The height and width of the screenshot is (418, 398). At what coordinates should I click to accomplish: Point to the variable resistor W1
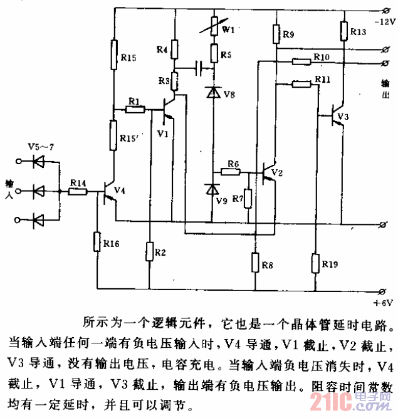213,26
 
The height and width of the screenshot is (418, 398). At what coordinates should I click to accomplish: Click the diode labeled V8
213,93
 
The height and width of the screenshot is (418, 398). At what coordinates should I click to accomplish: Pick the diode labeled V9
213,188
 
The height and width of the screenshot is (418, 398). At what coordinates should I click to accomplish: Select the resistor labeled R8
256,261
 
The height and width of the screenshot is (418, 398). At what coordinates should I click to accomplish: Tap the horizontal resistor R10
301,60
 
